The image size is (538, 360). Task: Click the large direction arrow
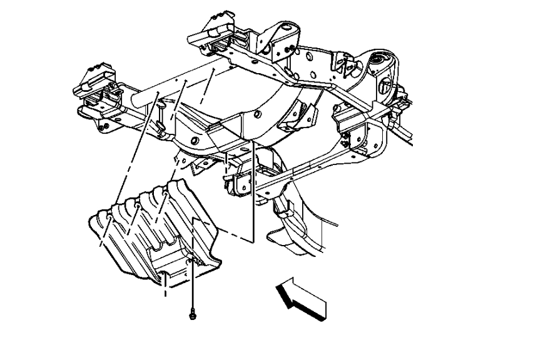[x=302, y=297]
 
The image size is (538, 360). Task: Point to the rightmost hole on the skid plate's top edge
[x=164, y=194]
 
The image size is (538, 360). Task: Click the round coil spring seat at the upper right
[x=379, y=62]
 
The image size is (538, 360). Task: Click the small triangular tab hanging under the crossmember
[x=199, y=165]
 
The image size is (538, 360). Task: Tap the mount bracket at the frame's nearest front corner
[x=241, y=181]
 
